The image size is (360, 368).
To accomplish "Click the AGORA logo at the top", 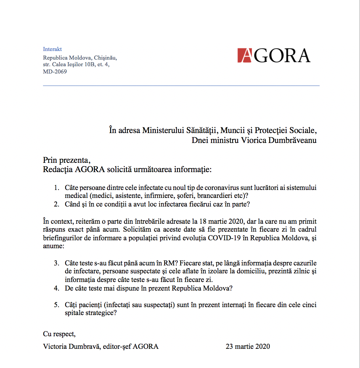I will point(274,56).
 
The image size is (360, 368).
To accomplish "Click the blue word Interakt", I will point(52,49).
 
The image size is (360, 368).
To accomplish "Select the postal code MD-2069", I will point(55,71).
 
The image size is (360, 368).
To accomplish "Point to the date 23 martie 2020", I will point(248,346).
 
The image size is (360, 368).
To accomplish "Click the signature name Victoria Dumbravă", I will point(71,346).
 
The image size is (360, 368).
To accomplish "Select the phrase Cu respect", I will point(59,334).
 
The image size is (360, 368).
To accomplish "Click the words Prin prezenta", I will point(66,161).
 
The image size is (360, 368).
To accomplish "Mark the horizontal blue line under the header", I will point(181,86).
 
